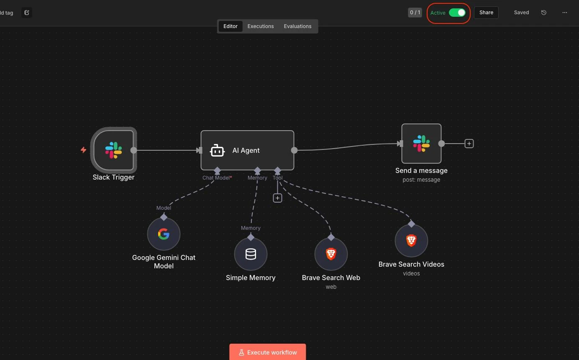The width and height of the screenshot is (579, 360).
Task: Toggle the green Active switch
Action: tap(457, 13)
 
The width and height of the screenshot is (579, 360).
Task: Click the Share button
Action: tap(486, 13)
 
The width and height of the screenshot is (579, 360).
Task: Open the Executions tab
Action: tap(261, 26)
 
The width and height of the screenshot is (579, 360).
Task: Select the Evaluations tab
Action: tap(297, 26)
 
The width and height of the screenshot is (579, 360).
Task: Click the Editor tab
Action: tap(231, 26)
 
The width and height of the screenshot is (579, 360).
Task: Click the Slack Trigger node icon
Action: tap(113, 150)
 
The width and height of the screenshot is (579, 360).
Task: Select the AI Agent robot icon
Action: tap(217, 150)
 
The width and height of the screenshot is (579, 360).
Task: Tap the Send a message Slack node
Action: tap(421, 144)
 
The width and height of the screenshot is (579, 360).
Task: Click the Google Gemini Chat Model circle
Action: tap(164, 234)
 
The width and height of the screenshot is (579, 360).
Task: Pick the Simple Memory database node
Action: tap(251, 254)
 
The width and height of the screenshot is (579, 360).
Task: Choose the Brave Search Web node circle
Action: tap(331, 254)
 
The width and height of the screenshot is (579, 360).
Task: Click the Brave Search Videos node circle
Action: tap(411, 241)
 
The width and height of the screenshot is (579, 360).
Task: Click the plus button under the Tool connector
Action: tap(277, 198)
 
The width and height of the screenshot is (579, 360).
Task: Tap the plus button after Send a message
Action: tap(469, 144)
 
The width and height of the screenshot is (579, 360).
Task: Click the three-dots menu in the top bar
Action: tap(565, 13)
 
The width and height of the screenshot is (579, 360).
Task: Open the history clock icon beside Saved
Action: tap(544, 13)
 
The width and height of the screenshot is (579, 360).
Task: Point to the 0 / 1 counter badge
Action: tap(415, 13)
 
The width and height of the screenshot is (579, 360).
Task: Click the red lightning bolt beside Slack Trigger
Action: tap(83, 150)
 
